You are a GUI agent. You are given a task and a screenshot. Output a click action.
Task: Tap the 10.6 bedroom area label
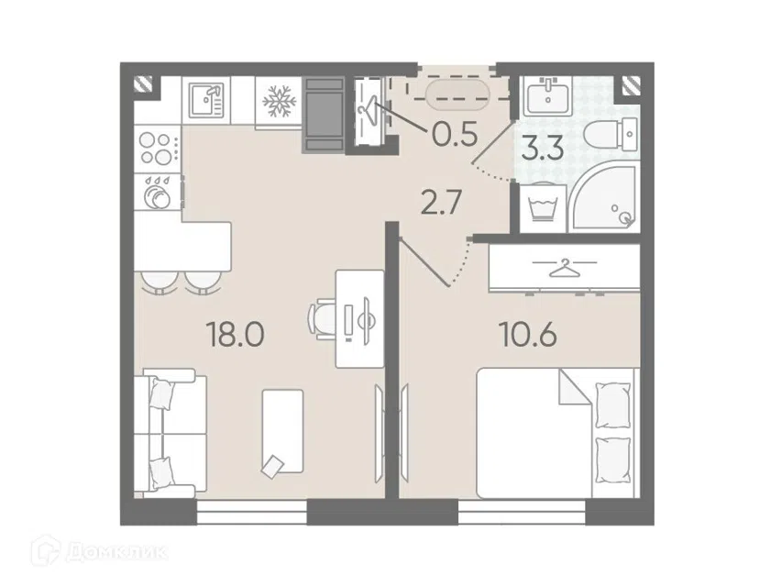point(528,335)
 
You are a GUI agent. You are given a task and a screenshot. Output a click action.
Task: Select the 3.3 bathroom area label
point(543,149)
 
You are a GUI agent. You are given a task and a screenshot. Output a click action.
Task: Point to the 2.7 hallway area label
point(440,204)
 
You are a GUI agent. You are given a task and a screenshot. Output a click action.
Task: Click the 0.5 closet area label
point(456,134)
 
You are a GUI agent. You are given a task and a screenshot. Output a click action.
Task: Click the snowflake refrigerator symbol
point(278,101)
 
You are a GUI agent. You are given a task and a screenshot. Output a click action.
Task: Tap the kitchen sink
point(206,99)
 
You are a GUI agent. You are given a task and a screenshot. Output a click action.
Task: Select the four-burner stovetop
point(157,149)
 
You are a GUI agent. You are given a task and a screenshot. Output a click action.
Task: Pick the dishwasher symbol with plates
point(158,191)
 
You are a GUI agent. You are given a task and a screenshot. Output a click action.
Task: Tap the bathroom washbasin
point(548,97)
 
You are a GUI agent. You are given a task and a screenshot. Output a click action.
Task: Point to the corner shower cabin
point(603,196)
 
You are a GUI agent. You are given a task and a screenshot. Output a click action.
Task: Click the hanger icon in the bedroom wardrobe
point(564,268)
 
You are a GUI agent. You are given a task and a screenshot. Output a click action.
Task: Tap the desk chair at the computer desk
point(322,318)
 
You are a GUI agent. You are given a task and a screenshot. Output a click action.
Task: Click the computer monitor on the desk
point(366,320)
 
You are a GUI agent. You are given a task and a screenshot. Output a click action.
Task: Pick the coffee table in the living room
point(282,431)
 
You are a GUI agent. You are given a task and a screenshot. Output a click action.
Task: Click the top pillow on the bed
point(613,404)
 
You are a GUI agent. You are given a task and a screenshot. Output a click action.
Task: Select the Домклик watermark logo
point(99,552)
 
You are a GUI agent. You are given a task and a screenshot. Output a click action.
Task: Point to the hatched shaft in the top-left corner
point(143,84)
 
